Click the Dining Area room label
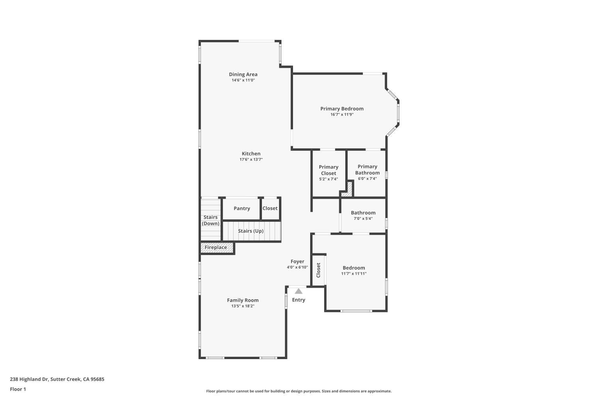[x=243, y=74]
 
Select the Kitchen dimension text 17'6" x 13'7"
[x=251, y=160]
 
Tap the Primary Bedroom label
[x=342, y=109]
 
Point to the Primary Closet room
[x=329, y=170]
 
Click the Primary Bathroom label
[x=367, y=170]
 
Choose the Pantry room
[x=242, y=208]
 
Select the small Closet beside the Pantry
[x=270, y=208]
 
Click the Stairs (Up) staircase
[x=251, y=231]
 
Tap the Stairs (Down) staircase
[x=210, y=220]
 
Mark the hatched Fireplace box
[x=216, y=247]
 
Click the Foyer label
[x=297, y=262]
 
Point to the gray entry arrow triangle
[x=299, y=291]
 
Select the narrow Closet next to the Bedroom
[x=318, y=270]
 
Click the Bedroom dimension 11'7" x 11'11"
[x=354, y=274]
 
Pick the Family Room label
[x=243, y=300]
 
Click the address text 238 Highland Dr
[x=57, y=379]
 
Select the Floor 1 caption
[x=18, y=389]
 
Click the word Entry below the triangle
[x=299, y=300]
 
